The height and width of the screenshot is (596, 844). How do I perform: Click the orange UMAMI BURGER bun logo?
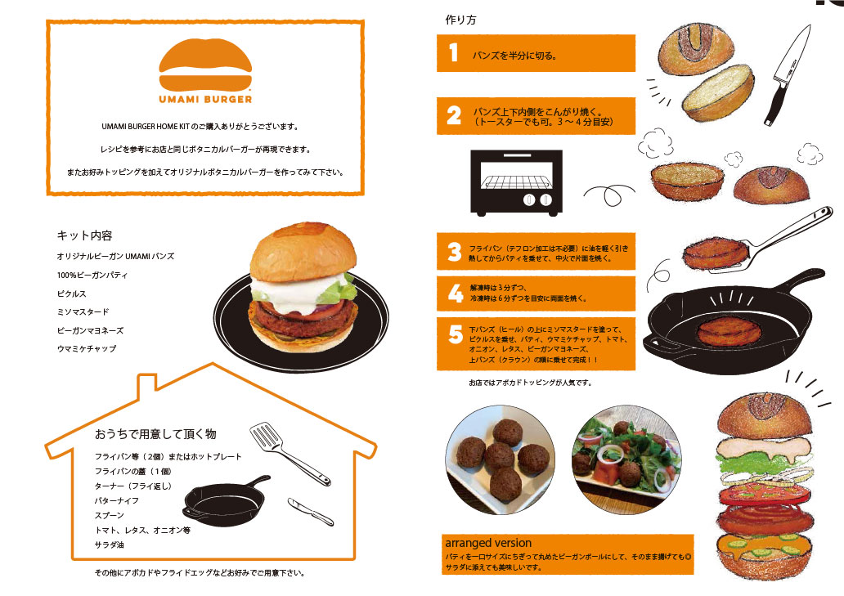205,64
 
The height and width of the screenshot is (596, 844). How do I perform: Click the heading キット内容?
84,235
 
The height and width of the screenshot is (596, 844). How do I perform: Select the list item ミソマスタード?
83,312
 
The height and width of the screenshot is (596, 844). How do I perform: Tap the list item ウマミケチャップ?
86,348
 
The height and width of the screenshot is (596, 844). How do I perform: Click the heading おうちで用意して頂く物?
155,433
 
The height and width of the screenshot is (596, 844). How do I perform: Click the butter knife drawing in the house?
311,511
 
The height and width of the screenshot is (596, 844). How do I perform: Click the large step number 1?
454,52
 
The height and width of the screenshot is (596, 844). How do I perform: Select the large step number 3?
455,252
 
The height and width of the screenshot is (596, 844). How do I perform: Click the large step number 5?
456,334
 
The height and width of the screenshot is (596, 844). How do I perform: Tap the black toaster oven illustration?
516,183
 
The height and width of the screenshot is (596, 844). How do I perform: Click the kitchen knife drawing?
787,75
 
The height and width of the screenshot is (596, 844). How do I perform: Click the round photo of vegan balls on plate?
500,460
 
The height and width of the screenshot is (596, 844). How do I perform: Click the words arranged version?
488,543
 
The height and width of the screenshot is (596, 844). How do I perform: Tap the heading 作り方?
460,20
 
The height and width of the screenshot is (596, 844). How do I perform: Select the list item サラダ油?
110,544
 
